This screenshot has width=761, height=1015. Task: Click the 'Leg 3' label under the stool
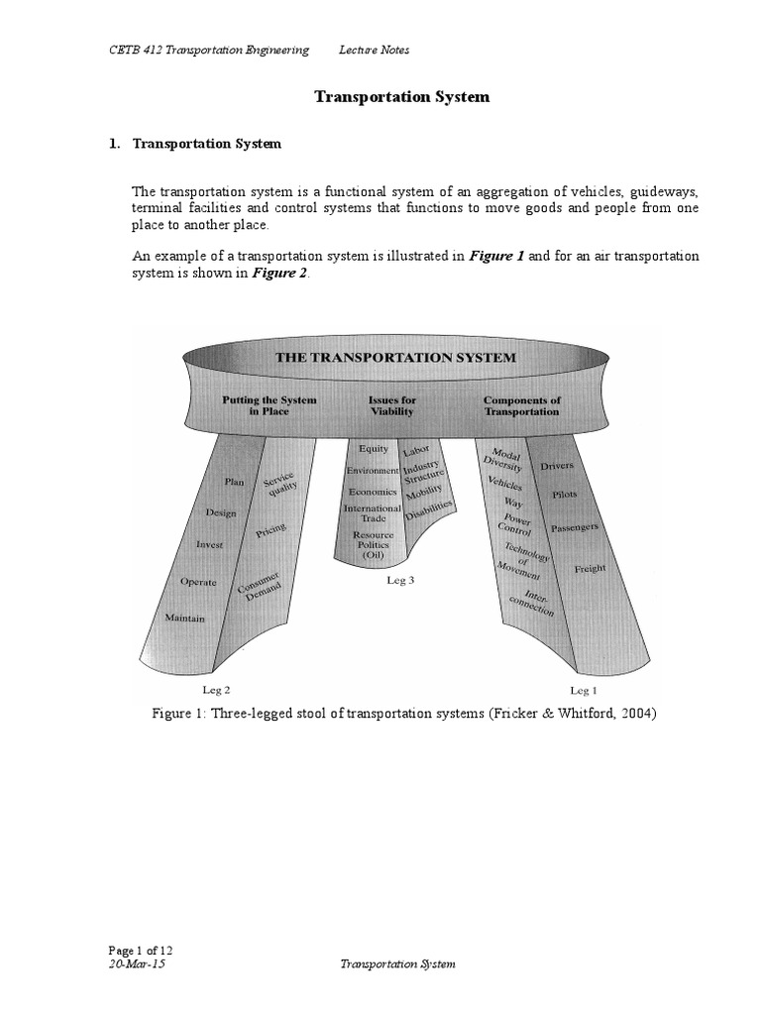coord(400,581)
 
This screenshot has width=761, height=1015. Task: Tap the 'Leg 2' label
coord(216,689)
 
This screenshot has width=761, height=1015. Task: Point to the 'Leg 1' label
coord(584,689)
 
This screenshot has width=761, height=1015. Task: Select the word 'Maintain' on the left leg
coord(185,619)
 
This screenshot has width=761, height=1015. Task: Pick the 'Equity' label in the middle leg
coord(374,449)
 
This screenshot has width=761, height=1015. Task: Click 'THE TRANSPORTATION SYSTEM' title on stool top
coord(397,358)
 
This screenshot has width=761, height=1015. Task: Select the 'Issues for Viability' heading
coord(391,405)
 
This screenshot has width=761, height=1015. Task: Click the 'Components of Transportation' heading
coord(521,405)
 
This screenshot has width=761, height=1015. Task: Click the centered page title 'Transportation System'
coord(401,97)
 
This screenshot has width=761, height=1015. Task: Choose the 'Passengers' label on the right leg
coord(574,529)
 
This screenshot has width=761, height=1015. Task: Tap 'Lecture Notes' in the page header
coord(374,50)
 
